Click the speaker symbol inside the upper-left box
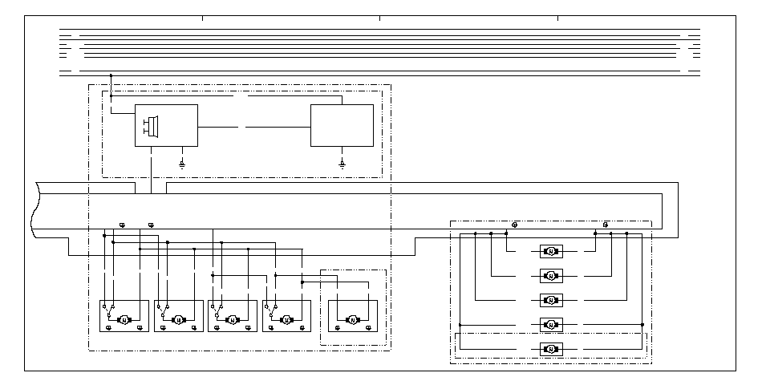tap(152, 126)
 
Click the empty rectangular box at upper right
tap(342, 125)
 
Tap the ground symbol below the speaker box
tap(183, 163)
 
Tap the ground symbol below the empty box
tap(342, 163)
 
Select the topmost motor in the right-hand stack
tap(550, 251)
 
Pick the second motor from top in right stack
tap(550, 276)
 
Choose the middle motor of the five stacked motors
tap(550, 300)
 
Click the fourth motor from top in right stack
tap(550, 325)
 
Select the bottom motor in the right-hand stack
tap(550, 349)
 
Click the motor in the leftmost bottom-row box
tap(124, 320)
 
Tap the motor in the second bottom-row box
tap(178, 320)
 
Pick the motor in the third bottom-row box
tap(233, 320)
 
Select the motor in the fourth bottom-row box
tap(286, 320)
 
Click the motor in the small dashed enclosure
tap(351, 320)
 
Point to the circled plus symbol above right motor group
tap(514, 225)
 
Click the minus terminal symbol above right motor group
tap(605, 225)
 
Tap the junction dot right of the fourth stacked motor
tap(642, 325)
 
